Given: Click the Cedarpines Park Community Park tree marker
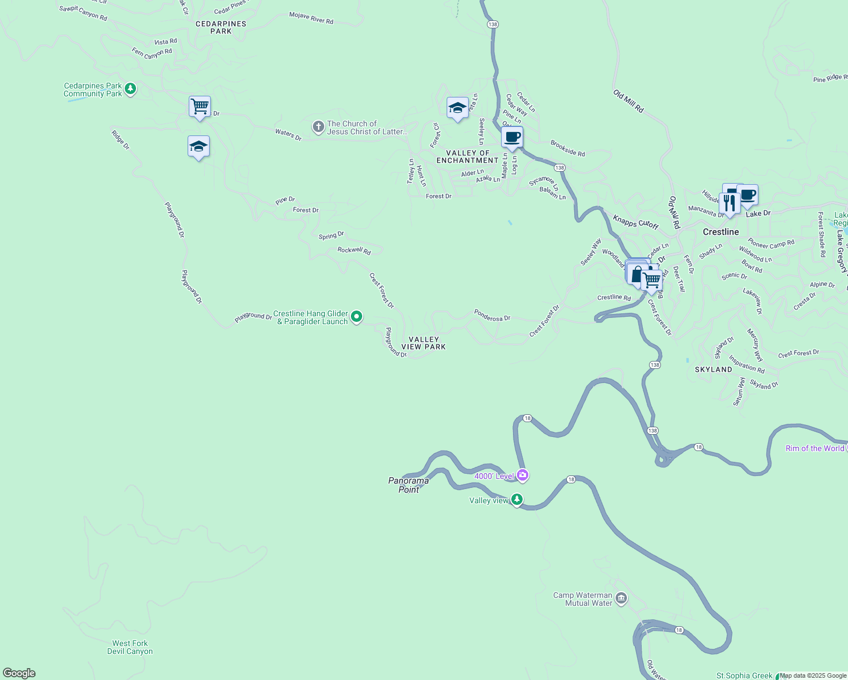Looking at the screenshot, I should (130, 89).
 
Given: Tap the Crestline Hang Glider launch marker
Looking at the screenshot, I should (357, 317).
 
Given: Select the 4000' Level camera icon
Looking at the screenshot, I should (523, 475).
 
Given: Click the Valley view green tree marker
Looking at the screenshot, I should (516, 500).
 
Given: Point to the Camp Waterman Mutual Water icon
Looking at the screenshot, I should (621, 598).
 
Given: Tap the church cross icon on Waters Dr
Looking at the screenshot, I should (319, 127).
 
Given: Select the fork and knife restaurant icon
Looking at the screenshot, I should (729, 203).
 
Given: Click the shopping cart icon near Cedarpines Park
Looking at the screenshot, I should (200, 107).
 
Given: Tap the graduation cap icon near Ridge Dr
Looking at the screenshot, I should (198, 147).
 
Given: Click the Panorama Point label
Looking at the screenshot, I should (408, 485).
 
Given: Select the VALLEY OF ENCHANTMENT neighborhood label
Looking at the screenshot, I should (467, 157).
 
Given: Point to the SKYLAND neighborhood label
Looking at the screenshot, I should (713, 369).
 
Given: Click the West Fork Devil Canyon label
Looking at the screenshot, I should (130, 647).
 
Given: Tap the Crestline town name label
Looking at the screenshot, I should (720, 232).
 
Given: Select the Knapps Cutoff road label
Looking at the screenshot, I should (635, 222).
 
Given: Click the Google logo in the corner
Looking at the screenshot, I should (19, 673).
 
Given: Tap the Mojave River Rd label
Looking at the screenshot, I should (311, 18).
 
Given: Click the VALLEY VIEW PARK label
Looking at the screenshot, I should (423, 343).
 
